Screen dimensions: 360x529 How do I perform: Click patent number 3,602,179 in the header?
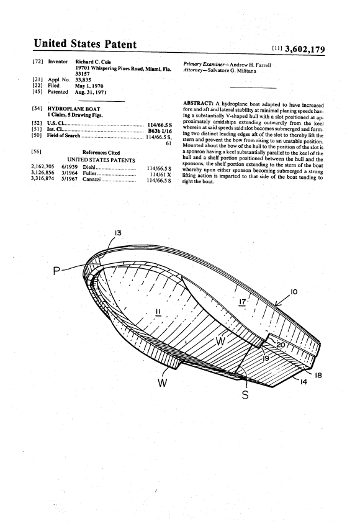pos(305,50)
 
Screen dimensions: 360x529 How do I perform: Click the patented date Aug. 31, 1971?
pos(91,92)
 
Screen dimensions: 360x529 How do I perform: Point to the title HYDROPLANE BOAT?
pos(74,109)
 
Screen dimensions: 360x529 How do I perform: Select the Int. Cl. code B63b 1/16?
pos(160,131)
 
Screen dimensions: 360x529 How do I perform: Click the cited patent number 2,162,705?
pos(42,167)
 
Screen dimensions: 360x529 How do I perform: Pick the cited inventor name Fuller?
pos(89,173)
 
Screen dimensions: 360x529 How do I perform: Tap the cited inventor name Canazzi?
pos(92,179)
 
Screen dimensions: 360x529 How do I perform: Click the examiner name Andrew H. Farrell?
pos(250,65)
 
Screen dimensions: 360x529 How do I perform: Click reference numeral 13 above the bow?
pos(117,233)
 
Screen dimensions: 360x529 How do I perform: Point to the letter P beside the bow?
pos(57,271)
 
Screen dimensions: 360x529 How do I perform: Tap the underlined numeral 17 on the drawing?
pos(242,302)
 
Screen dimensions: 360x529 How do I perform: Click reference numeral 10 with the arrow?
pos(294,291)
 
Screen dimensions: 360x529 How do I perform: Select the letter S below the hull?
pos(245,395)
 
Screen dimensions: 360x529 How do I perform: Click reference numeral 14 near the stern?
pos(304,382)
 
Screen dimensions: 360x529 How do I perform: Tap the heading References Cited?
pos(101,153)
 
